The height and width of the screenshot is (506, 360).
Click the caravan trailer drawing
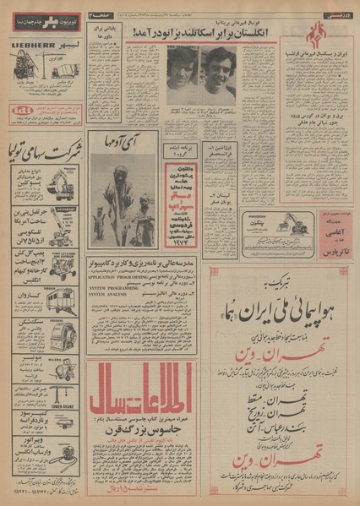coord(63,300)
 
